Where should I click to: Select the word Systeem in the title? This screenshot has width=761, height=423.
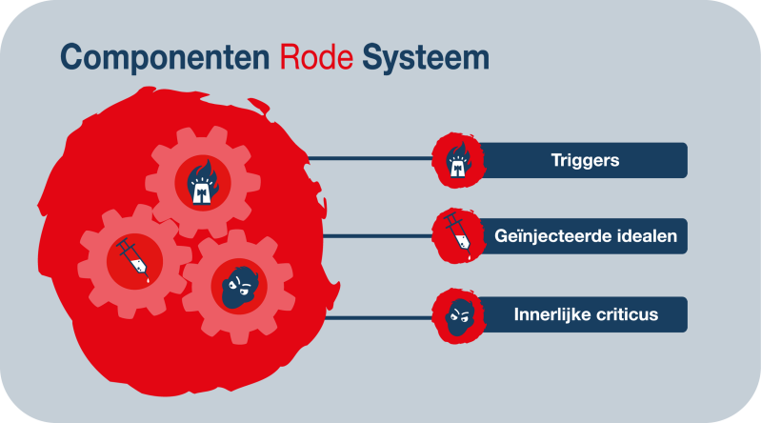(425, 56)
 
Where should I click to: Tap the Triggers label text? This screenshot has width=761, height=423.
(585, 160)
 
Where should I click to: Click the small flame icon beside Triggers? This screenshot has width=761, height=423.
(458, 159)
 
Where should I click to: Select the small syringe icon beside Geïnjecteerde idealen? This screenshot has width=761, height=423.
(456, 236)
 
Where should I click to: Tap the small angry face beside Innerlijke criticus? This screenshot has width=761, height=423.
(458, 313)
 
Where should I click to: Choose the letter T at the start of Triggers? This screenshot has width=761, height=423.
(555, 160)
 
